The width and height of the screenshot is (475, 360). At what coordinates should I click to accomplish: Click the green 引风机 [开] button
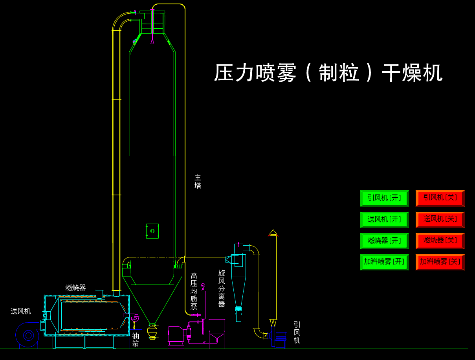(384, 198)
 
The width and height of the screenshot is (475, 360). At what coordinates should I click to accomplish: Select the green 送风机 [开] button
(384, 219)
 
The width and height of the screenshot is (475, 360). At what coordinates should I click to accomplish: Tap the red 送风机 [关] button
(440, 219)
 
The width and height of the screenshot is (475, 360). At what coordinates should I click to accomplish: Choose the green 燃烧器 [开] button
(384, 241)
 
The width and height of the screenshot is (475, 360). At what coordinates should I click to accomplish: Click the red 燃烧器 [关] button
(440, 241)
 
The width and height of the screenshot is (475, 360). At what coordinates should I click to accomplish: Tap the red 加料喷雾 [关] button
(440, 262)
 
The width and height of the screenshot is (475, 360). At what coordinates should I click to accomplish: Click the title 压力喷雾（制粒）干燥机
(328, 73)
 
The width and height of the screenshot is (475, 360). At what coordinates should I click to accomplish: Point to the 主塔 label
(198, 182)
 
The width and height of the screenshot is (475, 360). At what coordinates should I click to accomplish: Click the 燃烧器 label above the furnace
(75, 288)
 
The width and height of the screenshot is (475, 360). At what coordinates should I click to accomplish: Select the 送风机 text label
(20, 311)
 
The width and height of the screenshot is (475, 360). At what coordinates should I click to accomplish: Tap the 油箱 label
(136, 340)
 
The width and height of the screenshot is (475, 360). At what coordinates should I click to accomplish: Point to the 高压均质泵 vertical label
(194, 291)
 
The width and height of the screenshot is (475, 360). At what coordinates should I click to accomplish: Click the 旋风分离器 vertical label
(222, 288)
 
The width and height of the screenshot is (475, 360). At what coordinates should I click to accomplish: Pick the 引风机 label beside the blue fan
(297, 332)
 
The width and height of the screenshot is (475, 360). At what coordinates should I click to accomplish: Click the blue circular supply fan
(28, 335)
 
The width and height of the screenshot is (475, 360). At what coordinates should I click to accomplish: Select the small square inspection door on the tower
(152, 231)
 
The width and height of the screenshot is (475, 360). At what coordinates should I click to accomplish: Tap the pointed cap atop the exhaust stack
(273, 232)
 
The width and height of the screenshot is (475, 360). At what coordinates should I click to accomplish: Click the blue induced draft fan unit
(281, 339)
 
